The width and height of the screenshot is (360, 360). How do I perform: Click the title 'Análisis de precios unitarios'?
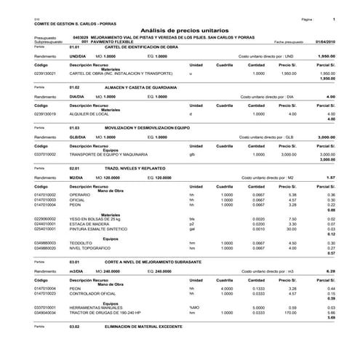point(179,25)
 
